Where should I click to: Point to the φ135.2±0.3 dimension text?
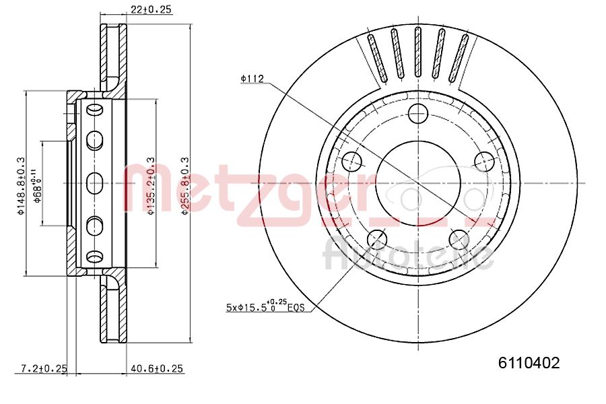pyautogui.click(x=151, y=187)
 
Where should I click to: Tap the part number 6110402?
pyautogui.click(x=529, y=363)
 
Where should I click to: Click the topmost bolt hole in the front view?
pyautogui.click(x=418, y=113)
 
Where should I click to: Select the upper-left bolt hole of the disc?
pyautogui.click(x=352, y=160)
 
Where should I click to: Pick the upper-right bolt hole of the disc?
pyautogui.click(x=483, y=160)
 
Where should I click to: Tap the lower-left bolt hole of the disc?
pyautogui.click(x=377, y=239)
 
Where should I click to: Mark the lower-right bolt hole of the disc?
pyautogui.click(x=459, y=239)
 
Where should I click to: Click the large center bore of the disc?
pyautogui.click(x=417, y=182)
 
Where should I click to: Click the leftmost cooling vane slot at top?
pyautogui.click(x=375, y=59)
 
